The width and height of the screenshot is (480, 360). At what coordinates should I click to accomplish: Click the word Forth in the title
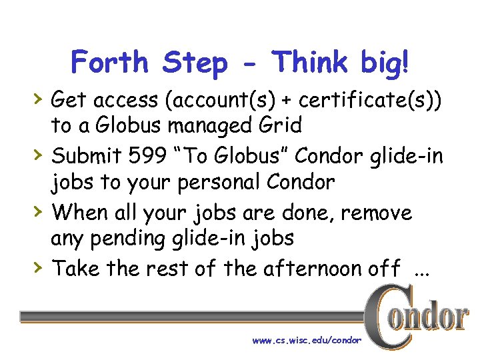pyautogui.click(x=111, y=63)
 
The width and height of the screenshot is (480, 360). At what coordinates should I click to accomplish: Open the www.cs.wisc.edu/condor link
pyautogui.click(x=307, y=340)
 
